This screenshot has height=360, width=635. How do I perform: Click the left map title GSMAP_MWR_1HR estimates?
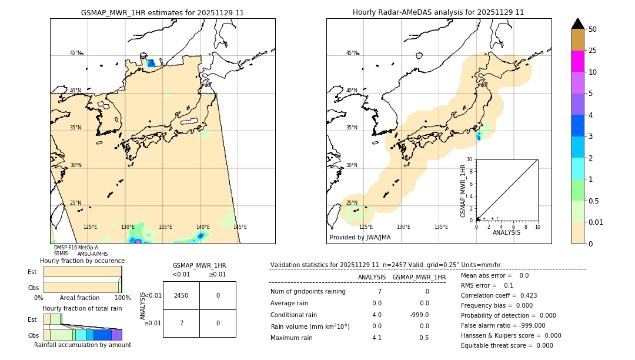(x=162, y=12)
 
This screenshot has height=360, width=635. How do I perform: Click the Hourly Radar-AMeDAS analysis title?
(x=438, y=12)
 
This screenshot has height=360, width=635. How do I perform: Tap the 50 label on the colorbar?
(x=593, y=29)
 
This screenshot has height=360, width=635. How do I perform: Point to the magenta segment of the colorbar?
(x=578, y=61)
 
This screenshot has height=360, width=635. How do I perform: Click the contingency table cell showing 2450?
(x=181, y=295)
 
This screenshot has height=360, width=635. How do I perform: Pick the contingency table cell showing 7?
(x=181, y=323)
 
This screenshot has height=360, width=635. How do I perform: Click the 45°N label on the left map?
(x=75, y=53)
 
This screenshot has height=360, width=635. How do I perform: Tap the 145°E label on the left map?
(x=240, y=227)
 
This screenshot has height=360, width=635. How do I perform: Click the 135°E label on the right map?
(x=441, y=227)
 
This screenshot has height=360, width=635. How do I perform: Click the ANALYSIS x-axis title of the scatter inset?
(x=506, y=233)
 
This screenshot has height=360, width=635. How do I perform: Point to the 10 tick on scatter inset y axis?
(x=470, y=159)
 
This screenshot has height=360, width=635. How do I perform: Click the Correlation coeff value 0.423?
(x=524, y=295)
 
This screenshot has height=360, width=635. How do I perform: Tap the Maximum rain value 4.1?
(x=377, y=338)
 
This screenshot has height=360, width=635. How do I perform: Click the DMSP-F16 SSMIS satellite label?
(x=65, y=251)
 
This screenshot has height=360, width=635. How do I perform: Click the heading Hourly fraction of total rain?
(x=82, y=308)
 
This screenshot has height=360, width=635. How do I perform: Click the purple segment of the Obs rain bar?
(x=116, y=335)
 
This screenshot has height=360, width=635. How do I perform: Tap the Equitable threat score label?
(x=499, y=345)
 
